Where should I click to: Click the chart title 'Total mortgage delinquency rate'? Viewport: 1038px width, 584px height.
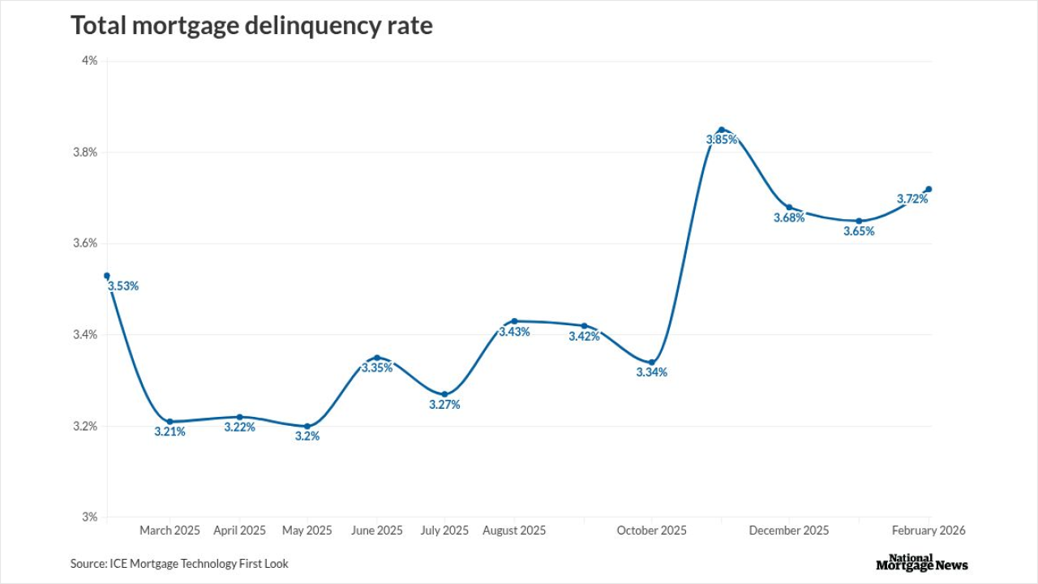pyautogui.click(x=251, y=26)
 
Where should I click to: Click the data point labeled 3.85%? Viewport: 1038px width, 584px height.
pyautogui.click(x=721, y=130)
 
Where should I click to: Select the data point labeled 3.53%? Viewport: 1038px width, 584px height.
pyautogui.click(x=106, y=276)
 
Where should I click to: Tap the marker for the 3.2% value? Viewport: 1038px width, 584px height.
pyautogui.click(x=307, y=426)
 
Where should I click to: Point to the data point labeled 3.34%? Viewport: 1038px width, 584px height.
pyautogui.click(x=652, y=362)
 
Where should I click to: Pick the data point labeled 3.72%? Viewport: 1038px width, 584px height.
pyautogui.click(x=929, y=189)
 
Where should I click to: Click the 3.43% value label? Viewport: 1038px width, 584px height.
pyautogui.click(x=514, y=332)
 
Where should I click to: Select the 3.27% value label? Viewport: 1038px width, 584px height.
pyautogui.click(x=444, y=405)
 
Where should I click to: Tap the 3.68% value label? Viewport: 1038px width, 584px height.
pyautogui.click(x=789, y=217)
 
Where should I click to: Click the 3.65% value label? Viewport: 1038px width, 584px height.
pyautogui.click(x=859, y=231)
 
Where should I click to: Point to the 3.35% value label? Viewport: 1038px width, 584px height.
pyautogui.click(x=377, y=367)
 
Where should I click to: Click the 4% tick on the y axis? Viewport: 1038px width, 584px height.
pyautogui.click(x=89, y=61)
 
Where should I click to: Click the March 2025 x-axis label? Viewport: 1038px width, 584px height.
pyautogui.click(x=169, y=530)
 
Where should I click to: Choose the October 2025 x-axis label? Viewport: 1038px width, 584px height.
pyautogui.click(x=651, y=530)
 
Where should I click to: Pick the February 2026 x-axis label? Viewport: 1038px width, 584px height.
pyautogui.click(x=929, y=530)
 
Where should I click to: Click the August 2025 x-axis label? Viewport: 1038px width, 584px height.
pyautogui.click(x=514, y=530)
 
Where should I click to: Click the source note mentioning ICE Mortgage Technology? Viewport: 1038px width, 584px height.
pyautogui.click(x=179, y=563)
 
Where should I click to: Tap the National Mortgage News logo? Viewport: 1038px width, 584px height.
pyautogui.click(x=922, y=563)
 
